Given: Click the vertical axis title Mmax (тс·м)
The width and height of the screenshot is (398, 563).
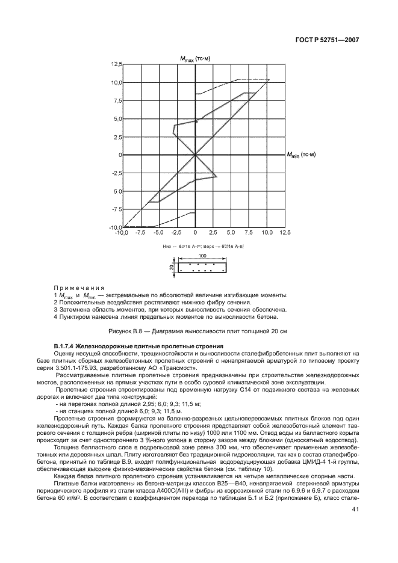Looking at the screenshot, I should click(195, 58).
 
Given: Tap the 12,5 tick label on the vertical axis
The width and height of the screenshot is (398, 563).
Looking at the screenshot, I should click(116, 64).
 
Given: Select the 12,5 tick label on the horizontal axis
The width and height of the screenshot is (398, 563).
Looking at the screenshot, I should click(284, 232).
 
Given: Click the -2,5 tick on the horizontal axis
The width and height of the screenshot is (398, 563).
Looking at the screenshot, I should click(176, 232).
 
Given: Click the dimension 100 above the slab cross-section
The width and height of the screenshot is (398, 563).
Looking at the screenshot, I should click(202, 256).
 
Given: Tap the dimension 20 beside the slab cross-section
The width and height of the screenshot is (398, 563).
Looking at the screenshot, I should click(172, 268).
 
